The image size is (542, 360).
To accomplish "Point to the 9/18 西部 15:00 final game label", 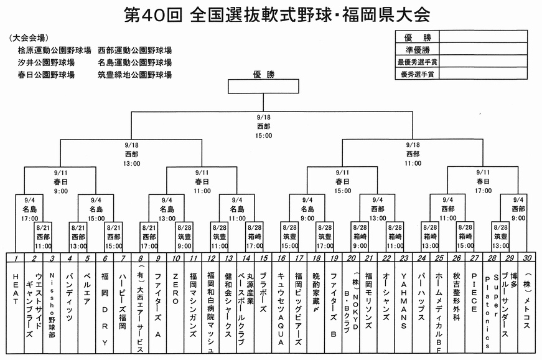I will click(x=263, y=126).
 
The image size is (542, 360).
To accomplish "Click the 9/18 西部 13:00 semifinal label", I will click(x=132, y=153).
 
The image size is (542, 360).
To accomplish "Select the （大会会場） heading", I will click(x=30, y=38).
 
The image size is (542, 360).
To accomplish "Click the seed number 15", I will click(x=264, y=258).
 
